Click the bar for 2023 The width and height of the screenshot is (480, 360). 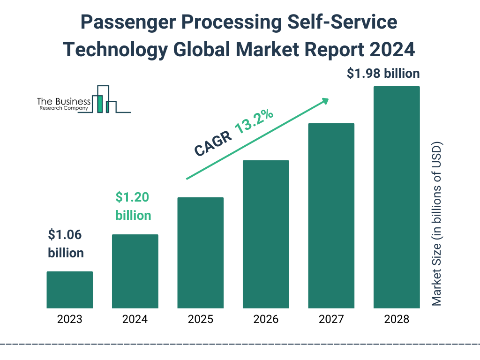pyautogui.click(x=69, y=290)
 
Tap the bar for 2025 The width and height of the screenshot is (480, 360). pyautogui.click(x=200, y=253)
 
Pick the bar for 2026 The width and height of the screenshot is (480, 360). pyautogui.click(x=266, y=234)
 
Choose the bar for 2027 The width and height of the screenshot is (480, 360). pyautogui.click(x=331, y=216)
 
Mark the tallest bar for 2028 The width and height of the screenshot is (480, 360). pyautogui.click(x=397, y=197)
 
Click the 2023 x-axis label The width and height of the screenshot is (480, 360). pyautogui.click(x=69, y=320)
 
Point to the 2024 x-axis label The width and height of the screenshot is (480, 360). pyautogui.click(x=135, y=320)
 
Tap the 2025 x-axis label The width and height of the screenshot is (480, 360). pyautogui.click(x=200, y=320)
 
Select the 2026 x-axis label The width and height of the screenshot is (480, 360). pyautogui.click(x=266, y=320)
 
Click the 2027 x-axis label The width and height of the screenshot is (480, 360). pyautogui.click(x=331, y=320)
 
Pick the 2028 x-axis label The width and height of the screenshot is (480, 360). pyautogui.click(x=397, y=320)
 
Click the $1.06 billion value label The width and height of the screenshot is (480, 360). pyautogui.click(x=66, y=244)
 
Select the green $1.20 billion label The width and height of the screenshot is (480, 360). pyautogui.click(x=133, y=206)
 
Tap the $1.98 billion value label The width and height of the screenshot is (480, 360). pyautogui.click(x=383, y=74)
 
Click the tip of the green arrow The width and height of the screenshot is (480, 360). pyautogui.click(x=328, y=99)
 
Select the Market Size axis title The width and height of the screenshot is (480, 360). pyautogui.click(x=437, y=223)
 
